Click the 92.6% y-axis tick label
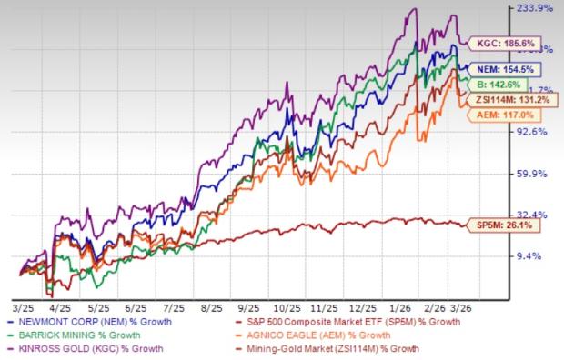click(536, 132)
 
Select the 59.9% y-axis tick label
click(536, 174)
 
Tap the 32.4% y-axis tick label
click(536, 215)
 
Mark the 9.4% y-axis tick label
click(539, 256)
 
